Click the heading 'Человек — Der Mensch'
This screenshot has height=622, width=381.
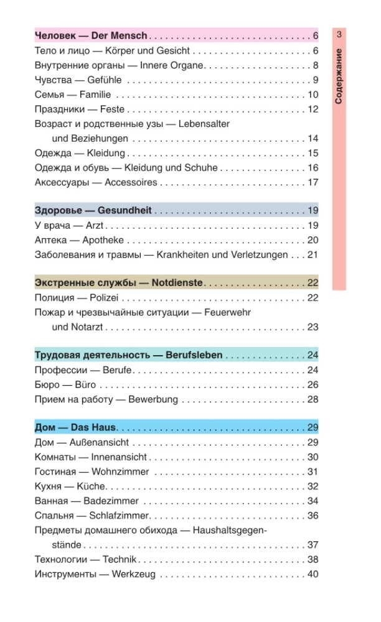coord(91,35)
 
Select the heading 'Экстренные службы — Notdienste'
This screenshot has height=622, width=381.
coord(119,283)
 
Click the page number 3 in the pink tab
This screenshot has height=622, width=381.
coord(339,35)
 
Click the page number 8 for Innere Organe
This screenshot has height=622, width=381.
coord(316,65)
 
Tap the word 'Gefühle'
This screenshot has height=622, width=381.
coord(105,80)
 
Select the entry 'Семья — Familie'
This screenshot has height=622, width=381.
coord(73,95)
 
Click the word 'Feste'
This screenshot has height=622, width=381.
coord(113,109)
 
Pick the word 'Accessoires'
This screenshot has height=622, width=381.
coord(131,182)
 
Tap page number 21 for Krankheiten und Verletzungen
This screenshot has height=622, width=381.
coord(313,254)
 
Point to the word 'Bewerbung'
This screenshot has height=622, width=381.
coord(153,399)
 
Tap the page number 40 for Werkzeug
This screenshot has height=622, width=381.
coord(313,573)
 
